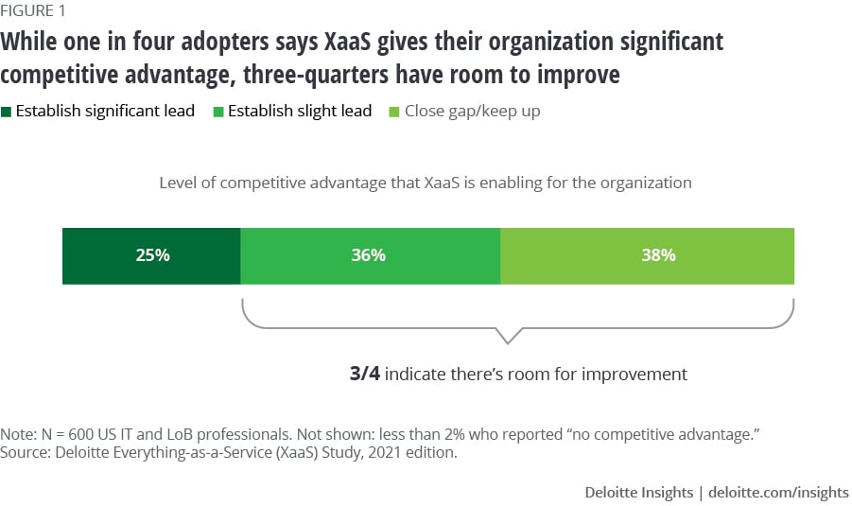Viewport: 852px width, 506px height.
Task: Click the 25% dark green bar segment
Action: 151,255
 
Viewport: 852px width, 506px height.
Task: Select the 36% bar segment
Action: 370,255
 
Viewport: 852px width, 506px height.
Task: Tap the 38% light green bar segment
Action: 647,255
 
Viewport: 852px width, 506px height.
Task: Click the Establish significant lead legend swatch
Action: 7,112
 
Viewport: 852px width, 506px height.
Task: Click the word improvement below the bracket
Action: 635,374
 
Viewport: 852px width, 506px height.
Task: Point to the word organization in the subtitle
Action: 644,182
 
